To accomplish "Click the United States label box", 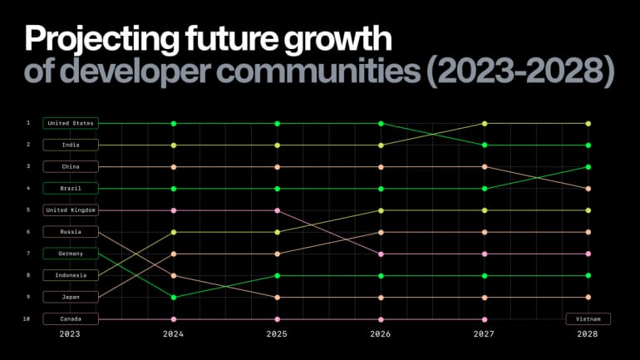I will point(71,123).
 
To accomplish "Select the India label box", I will point(71,145).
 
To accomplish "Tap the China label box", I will point(71,166).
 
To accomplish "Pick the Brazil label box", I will point(71,189).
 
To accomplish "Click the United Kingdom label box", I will point(71,210).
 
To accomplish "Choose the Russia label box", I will point(71,232).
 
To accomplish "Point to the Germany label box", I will point(71,254).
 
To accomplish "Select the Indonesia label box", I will point(71,275).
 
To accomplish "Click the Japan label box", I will point(71,297).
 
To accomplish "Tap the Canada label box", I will point(71,318).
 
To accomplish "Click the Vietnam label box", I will point(588,318).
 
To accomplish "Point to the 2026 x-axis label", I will point(381,334).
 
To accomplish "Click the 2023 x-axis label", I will point(71,334).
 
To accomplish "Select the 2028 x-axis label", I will point(588,334).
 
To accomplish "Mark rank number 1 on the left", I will point(28,123).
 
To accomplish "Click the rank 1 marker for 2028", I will point(588,123).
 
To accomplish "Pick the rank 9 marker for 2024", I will point(174,297).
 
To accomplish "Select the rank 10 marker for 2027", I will point(485,318).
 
